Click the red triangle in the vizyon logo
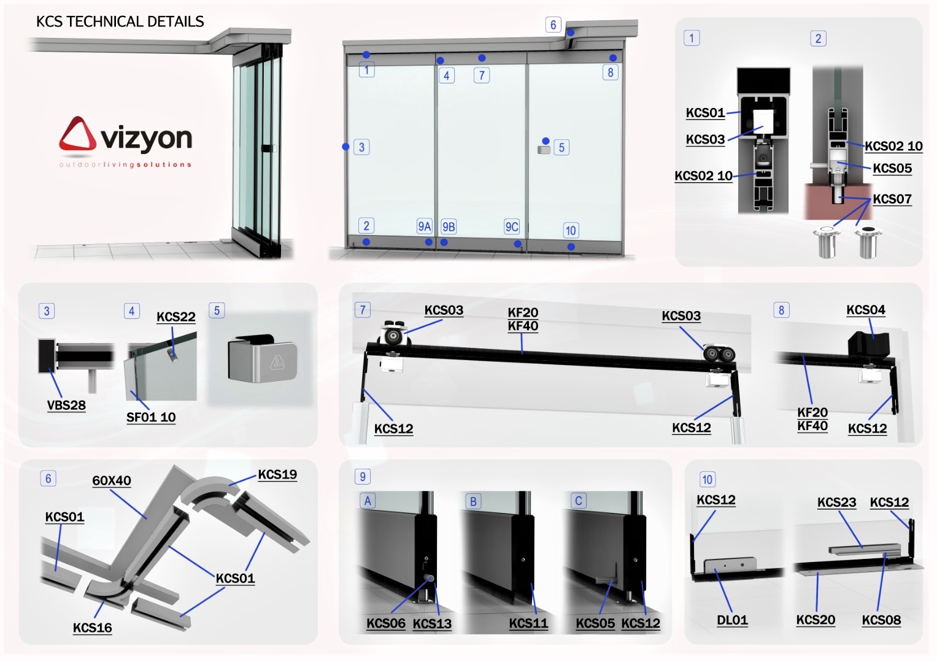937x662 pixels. click(x=78, y=134)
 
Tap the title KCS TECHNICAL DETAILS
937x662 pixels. click(x=120, y=21)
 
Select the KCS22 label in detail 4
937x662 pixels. click(x=175, y=317)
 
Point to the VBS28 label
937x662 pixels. click(x=66, y=405)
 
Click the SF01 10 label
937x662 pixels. click(x=151, y=417)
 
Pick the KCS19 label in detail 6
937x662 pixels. click(x=277, y=475)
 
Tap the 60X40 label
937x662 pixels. click(x=112, y=480)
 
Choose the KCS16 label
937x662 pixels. click(x=93, y=628)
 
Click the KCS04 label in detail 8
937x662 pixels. click(x=866, y=310)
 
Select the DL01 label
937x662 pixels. click(x=732, y=620)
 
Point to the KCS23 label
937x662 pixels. click(x=836, y=502)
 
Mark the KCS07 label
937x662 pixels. click(x=892, y=199)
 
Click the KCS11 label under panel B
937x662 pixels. click(x=528, y=623)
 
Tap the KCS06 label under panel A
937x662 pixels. click(x=386, y=623)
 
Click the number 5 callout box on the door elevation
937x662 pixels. click(x=561, y=147)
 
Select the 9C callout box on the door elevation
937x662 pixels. click(x=512, y=226)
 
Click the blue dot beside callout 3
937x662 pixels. click(x=345, y=147)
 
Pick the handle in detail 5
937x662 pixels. click(x=263, y=358)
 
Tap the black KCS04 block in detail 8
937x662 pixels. click(x=868, y=344)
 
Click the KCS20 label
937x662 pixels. click(x=816, y=620)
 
